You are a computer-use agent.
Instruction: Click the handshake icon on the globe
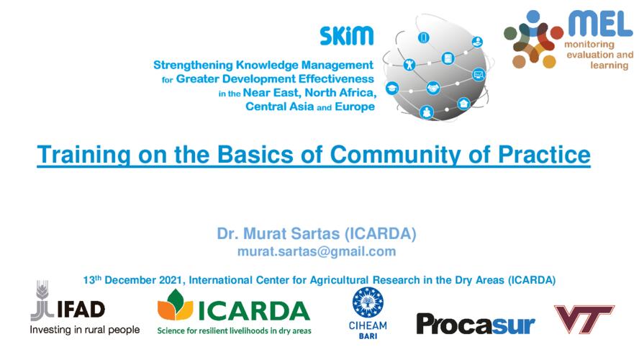click(432, 88)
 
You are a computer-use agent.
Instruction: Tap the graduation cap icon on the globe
click(392, 88)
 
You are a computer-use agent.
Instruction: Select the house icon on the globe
click(463, 104)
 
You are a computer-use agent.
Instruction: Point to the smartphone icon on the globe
click(423, 37)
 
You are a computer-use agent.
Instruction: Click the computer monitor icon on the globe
click(479, 75)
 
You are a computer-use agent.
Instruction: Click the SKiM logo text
click(346, 36)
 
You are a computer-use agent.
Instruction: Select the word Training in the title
click(83, 155)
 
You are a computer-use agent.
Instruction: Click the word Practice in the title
click(544, 154)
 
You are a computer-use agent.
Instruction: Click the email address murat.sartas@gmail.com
click(317, 251)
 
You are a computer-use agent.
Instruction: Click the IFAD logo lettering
click(81, 310)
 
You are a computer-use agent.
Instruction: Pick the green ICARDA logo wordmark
click(254, 312)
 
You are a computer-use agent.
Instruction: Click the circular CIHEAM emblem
click(368, 302)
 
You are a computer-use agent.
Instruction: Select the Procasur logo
click(476, 324)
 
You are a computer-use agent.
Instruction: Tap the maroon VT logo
click(584, 318)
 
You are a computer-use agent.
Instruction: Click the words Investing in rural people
click(85, 330)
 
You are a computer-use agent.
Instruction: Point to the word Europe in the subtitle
click(355, 107)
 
